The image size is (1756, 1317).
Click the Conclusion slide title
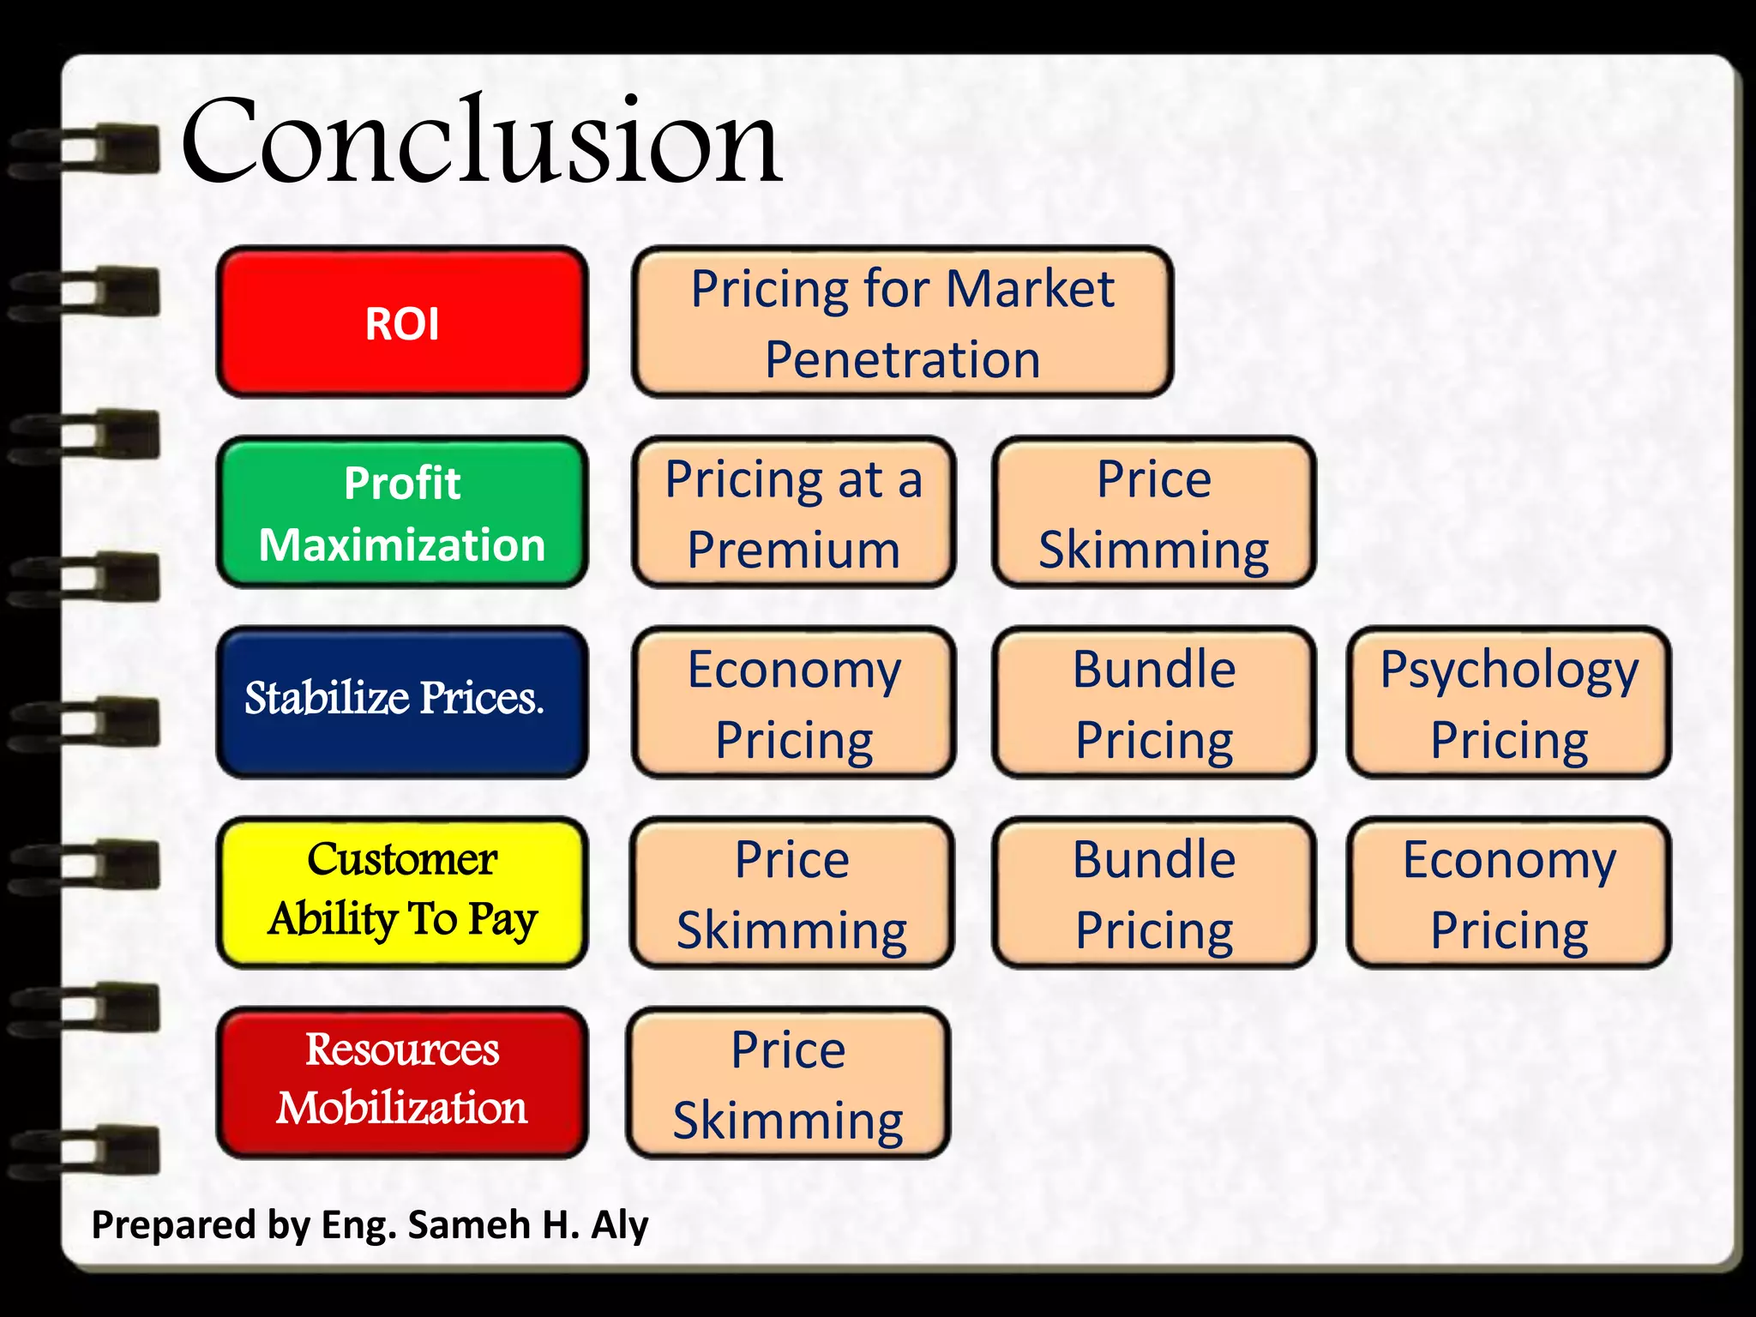coord(480,141)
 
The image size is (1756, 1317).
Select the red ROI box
coord(402,322)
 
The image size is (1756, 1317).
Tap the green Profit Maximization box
coord(402,513)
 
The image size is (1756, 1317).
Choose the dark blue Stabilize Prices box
coord(402,701)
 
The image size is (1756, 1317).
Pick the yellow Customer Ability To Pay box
coord(402,892)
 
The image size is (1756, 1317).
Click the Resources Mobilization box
coord(402,1082)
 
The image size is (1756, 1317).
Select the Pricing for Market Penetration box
coord(902,322)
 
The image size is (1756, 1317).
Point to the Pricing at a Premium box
coord(793,513)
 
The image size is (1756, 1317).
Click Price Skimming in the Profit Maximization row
coord(1153,513)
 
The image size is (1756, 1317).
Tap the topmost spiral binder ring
coord(86,151)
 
